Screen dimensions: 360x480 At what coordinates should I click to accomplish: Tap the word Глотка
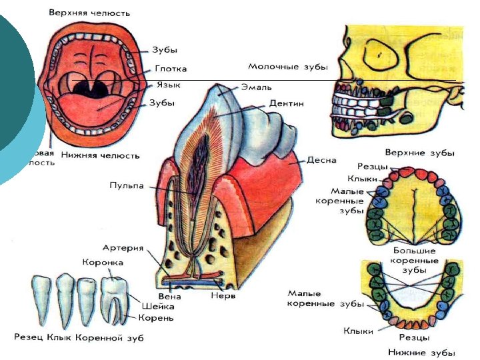pos(171,69)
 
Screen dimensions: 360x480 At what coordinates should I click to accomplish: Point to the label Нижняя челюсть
pos(100,155)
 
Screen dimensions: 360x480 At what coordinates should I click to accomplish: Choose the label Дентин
pos(287,104)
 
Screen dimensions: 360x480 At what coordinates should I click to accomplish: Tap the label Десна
pos(321,160)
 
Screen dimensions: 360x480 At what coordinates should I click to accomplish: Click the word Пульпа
pos(127,186)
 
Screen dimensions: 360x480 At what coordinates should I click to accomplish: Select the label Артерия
pos(123,248)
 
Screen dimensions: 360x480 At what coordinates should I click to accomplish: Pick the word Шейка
pos(157,306)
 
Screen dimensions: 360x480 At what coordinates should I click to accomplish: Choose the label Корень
pos(157,318)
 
